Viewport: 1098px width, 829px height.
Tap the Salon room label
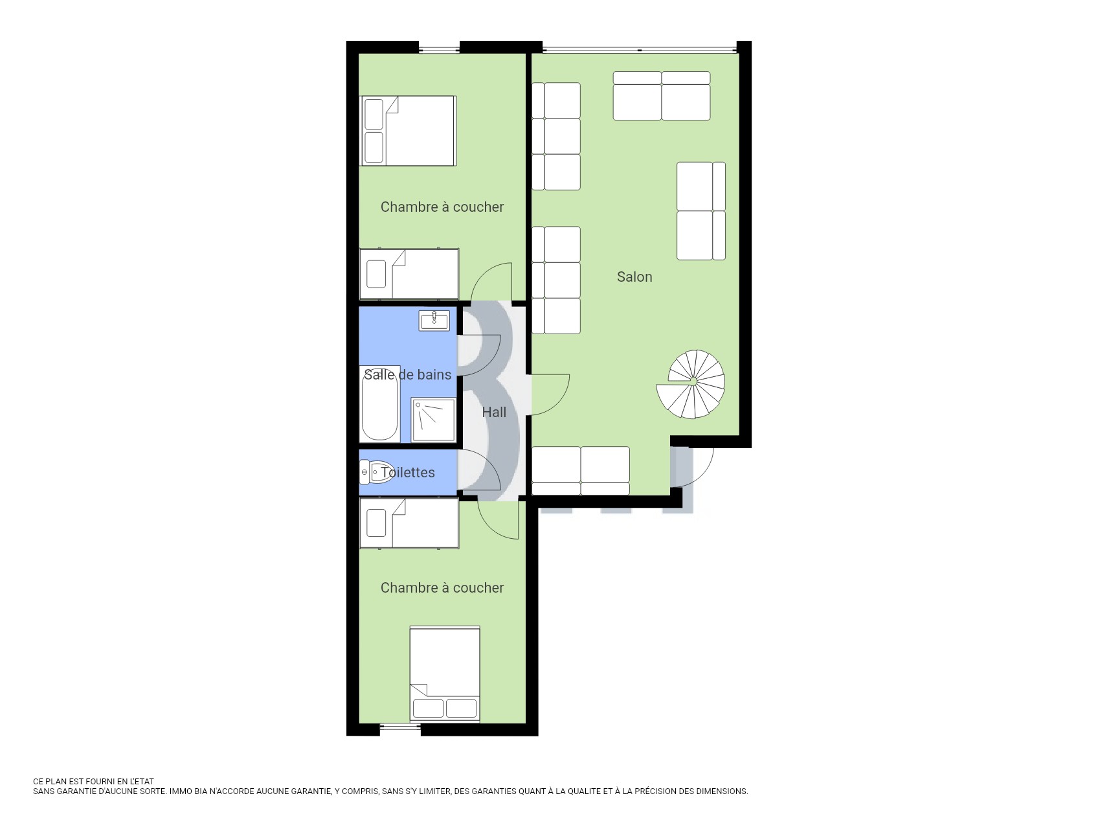pyautogui.click(x=634, y=277)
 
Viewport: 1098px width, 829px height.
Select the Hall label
pyautogui.click(x=494, y=412)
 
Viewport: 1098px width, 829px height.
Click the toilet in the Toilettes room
pyautogui.click(x=376, y=472)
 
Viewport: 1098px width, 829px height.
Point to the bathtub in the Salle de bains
pyautogui.click(x=379, y=403)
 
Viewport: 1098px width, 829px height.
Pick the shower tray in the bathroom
pyautogui.click(x=433, y=420)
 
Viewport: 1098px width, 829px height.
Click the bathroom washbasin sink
pyautogui.click(x=434, y=321)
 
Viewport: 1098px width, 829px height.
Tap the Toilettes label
pyautogui.click(x=408, y=472)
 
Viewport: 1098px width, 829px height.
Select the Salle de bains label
pyautogui.click(x=407, y=374)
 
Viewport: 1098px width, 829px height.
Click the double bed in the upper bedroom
pyautogui.click(x=409, y=131)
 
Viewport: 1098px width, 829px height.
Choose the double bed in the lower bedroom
pyautogui.click(x=445, y=674)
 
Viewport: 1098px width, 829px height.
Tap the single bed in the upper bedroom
pyautogui.click(x=409, y=274)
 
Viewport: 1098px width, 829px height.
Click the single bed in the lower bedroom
pyautogui.click(x=409, y=523)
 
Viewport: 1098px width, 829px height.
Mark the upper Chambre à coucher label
pyautogui.click(x=442, y=207)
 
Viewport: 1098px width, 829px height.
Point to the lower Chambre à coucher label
pyautogui.click(x=442, y=588)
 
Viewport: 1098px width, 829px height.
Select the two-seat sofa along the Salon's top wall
pyautogui.click(x=662, y=96)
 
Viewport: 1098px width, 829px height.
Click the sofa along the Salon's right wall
pyautogui.click(x=701, y=211)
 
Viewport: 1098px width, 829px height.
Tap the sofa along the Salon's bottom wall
pyautogui.click(x=581, y=471)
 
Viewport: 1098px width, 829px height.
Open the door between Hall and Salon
pyautogui.click(x=550, y=394)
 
